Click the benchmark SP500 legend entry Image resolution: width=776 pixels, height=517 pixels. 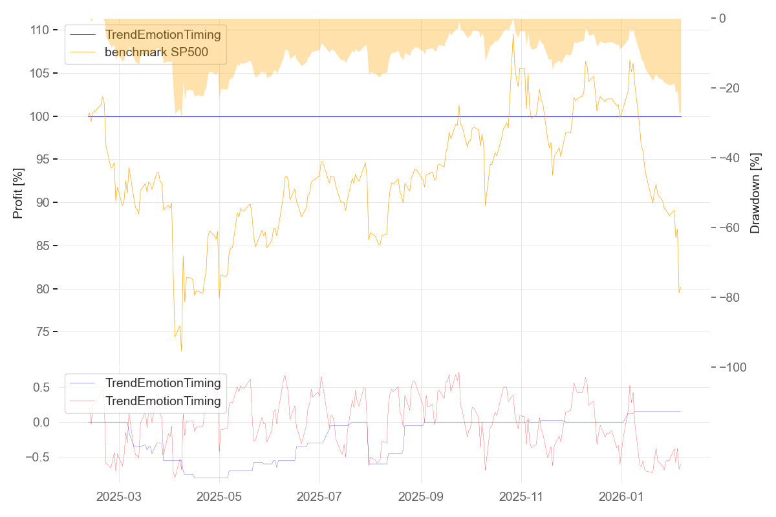(x=156, y=52)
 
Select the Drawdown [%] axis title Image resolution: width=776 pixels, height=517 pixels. (x=755, y=193)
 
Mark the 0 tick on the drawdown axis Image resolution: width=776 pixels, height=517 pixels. (x=723, y=18)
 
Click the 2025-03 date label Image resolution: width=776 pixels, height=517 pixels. (x=119, y=497)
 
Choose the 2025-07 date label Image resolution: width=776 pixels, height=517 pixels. (x=319, y=497)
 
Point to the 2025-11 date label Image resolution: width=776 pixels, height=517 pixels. (x=521, y=497)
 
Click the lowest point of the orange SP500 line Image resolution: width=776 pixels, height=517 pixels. (x=181, y=351)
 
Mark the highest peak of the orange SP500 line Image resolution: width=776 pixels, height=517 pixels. (x=513, y=34)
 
